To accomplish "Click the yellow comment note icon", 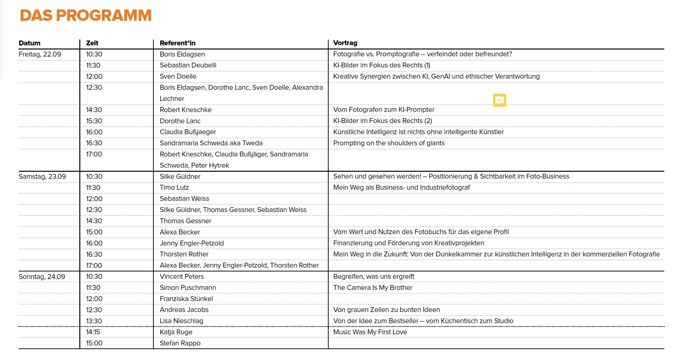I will click(x=499, y=100).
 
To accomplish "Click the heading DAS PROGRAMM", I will click(x=86, y=16).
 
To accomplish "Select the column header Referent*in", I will click(x=178, y=43).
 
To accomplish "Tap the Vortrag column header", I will click(x=345, y=43).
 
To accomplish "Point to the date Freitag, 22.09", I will click(x=40, y=54).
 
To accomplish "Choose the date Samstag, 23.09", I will click(x=42, y=176).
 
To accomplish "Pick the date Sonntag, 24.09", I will click(x=42, y=276).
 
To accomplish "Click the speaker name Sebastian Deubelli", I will click(x=188, y=65).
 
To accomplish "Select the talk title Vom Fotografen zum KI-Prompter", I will click(x=384, y=110).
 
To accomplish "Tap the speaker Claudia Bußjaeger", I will click(x=188, y=132).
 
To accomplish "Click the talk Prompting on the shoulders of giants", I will click(x=389, y=143).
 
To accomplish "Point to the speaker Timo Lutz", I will click(x=174, y=187).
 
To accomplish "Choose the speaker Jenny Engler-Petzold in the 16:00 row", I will click(x=192, y=243).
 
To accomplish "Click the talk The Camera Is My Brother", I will click(x=373, y=287).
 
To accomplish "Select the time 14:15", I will click(x=93, y=332).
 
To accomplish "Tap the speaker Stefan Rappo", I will click(x=180, y=343).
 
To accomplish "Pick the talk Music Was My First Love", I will click(x=370, y=332).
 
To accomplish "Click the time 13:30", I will click(x=94, y=321).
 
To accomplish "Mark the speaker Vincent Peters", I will click(x=182, y=276).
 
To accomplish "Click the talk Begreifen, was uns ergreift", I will click(x=374, y=276).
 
